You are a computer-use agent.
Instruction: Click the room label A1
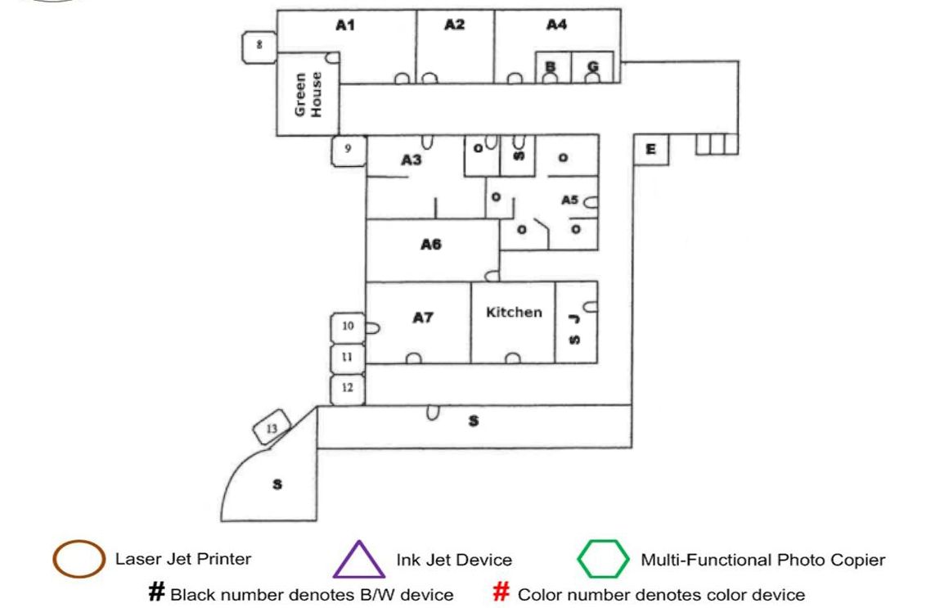345,25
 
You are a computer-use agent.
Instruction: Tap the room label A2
454,25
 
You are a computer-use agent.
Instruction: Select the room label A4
556,25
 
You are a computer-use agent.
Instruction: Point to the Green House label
308,94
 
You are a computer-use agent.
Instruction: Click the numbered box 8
259,45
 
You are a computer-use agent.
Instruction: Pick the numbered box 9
349,150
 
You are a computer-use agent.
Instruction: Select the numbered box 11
348,358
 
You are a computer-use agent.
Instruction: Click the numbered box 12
348,389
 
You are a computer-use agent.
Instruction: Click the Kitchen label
514,312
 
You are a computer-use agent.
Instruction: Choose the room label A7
422,318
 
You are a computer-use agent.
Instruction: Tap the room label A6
431,244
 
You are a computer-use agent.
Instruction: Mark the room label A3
411,160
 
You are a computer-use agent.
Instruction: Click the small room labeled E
651,149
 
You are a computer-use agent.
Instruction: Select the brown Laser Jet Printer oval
79,560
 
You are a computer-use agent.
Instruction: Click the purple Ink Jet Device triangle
358,561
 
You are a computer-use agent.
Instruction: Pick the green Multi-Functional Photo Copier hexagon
604,560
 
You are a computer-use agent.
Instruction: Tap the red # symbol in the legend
501,593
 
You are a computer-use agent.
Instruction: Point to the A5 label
569,200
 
